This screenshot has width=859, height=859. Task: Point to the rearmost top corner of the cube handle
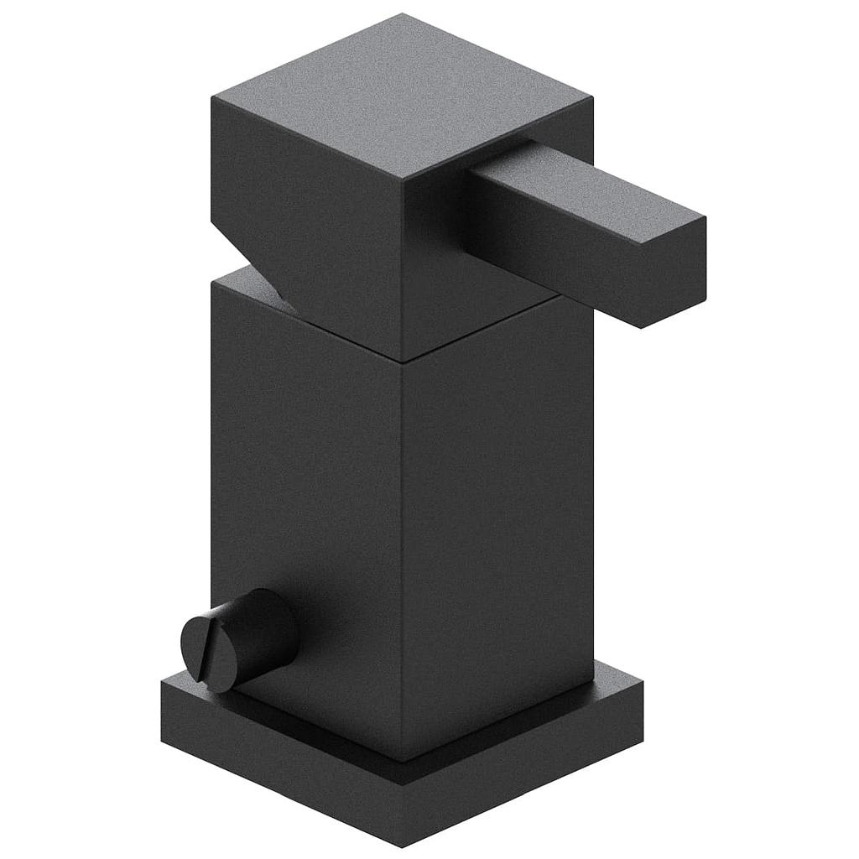pyautogui.click(x=402, y=14)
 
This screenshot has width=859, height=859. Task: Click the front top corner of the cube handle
pyautogui.click(x=403, y=180)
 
